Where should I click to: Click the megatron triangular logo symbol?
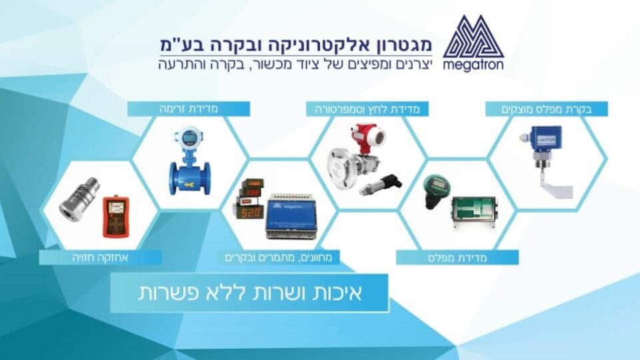473,37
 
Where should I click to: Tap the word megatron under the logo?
473,65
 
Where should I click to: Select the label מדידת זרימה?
189,109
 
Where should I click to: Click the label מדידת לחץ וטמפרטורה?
367,109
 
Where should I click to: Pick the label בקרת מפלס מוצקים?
546,109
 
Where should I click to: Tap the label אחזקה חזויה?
100,257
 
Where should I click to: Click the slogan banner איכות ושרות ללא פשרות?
249,293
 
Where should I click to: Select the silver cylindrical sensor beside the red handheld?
79,200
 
